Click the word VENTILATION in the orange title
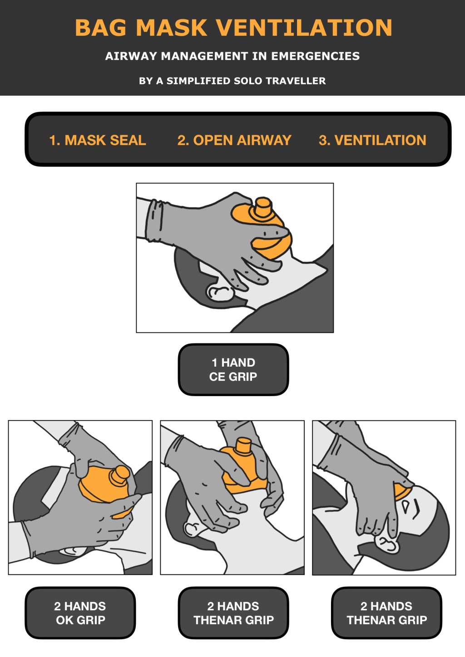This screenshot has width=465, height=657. click(x=304, y=28)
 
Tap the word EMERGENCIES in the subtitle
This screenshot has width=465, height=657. click(x=315, y=56)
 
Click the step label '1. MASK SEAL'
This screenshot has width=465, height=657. click(x=98, y=140)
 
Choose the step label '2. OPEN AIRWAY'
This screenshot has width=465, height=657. click(x=234, y=140)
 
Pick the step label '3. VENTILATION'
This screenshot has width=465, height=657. click(x=372, y=140)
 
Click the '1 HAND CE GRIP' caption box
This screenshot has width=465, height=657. click(x=233, y=369)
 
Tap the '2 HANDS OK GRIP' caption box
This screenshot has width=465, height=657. click(x=80, y=613)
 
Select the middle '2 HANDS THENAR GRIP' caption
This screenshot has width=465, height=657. click(x=233, y=613)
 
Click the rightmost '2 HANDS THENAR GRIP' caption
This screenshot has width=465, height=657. click(x=386, y=613)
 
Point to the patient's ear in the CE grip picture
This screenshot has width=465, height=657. click(x=220, y=293)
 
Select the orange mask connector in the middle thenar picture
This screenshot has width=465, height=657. click(x=242, y=446)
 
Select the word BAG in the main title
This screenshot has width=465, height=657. click(x=101, y=28)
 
